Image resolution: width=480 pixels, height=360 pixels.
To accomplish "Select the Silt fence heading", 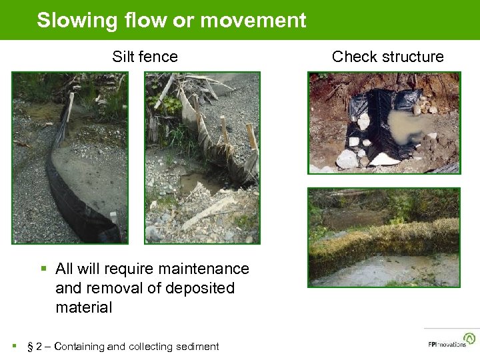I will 145,57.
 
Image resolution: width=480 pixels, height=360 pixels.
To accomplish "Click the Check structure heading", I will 387,57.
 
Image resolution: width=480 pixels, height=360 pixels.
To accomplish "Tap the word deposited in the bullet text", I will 201,288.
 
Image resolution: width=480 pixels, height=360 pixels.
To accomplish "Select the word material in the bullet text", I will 84,307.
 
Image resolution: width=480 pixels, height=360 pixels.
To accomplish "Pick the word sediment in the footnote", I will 197,346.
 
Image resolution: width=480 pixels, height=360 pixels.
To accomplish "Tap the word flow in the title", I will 144,20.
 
